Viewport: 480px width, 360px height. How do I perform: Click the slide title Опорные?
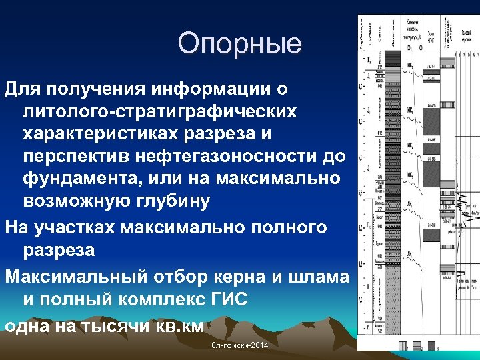pyautogui.click(x=239, y=44)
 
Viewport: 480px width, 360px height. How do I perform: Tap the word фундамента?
pyautogui.click(x=85, y=179)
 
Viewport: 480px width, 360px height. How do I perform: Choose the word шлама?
pyautogui.click(x=319, y=276)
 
